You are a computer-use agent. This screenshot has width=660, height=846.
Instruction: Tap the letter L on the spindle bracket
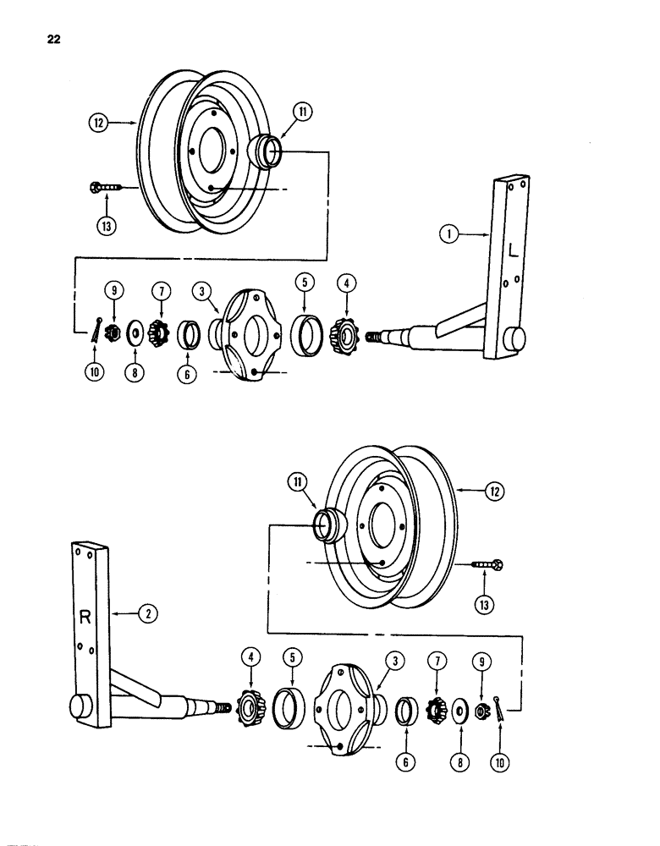click(514, 249)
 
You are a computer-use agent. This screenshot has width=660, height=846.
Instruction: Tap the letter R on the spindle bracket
click(85, 617)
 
